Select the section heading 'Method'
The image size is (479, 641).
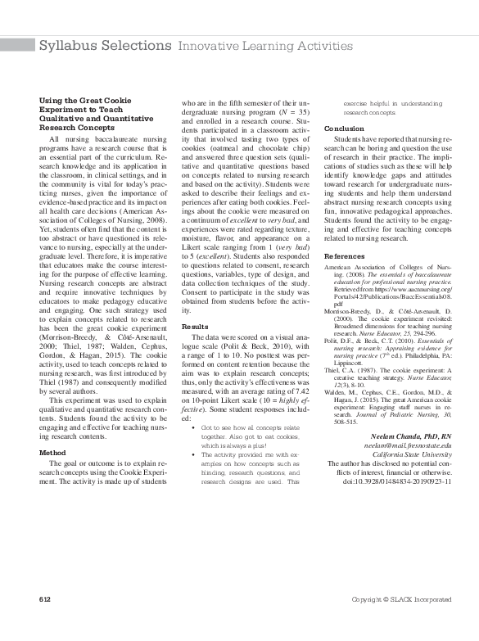[52, 451]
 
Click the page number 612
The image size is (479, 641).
[45, 624]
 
